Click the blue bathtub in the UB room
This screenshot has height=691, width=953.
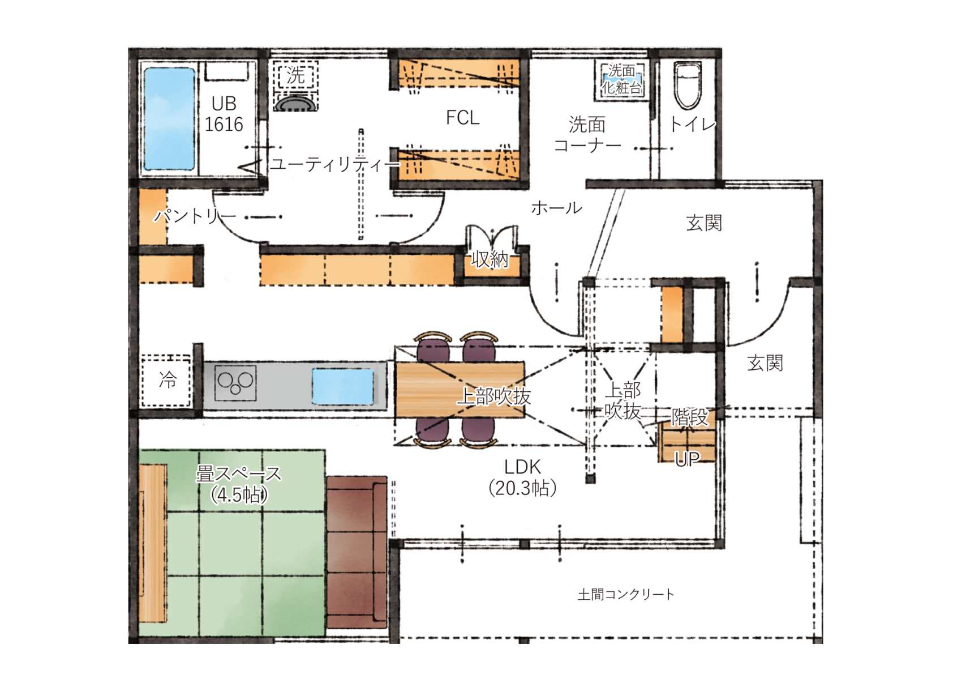(170, 119)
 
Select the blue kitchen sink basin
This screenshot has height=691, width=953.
(343, 386)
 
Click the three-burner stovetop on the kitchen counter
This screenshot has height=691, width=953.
(235, 383)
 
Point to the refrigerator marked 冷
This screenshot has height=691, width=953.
(166, 380)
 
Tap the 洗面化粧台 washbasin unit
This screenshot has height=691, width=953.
(621, 80)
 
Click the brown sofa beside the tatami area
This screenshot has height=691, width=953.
(357, 552)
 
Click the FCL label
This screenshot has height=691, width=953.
(462, 117)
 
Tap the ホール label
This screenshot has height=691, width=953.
(556, 208)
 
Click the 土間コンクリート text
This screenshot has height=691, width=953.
(626, 594)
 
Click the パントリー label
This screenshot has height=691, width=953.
(195, 216)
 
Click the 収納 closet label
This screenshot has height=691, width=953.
(490, 259)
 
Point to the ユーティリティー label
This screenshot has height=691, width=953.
(335, 164)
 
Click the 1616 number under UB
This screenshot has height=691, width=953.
(224, 124)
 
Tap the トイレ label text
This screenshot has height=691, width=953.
(692, 124)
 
